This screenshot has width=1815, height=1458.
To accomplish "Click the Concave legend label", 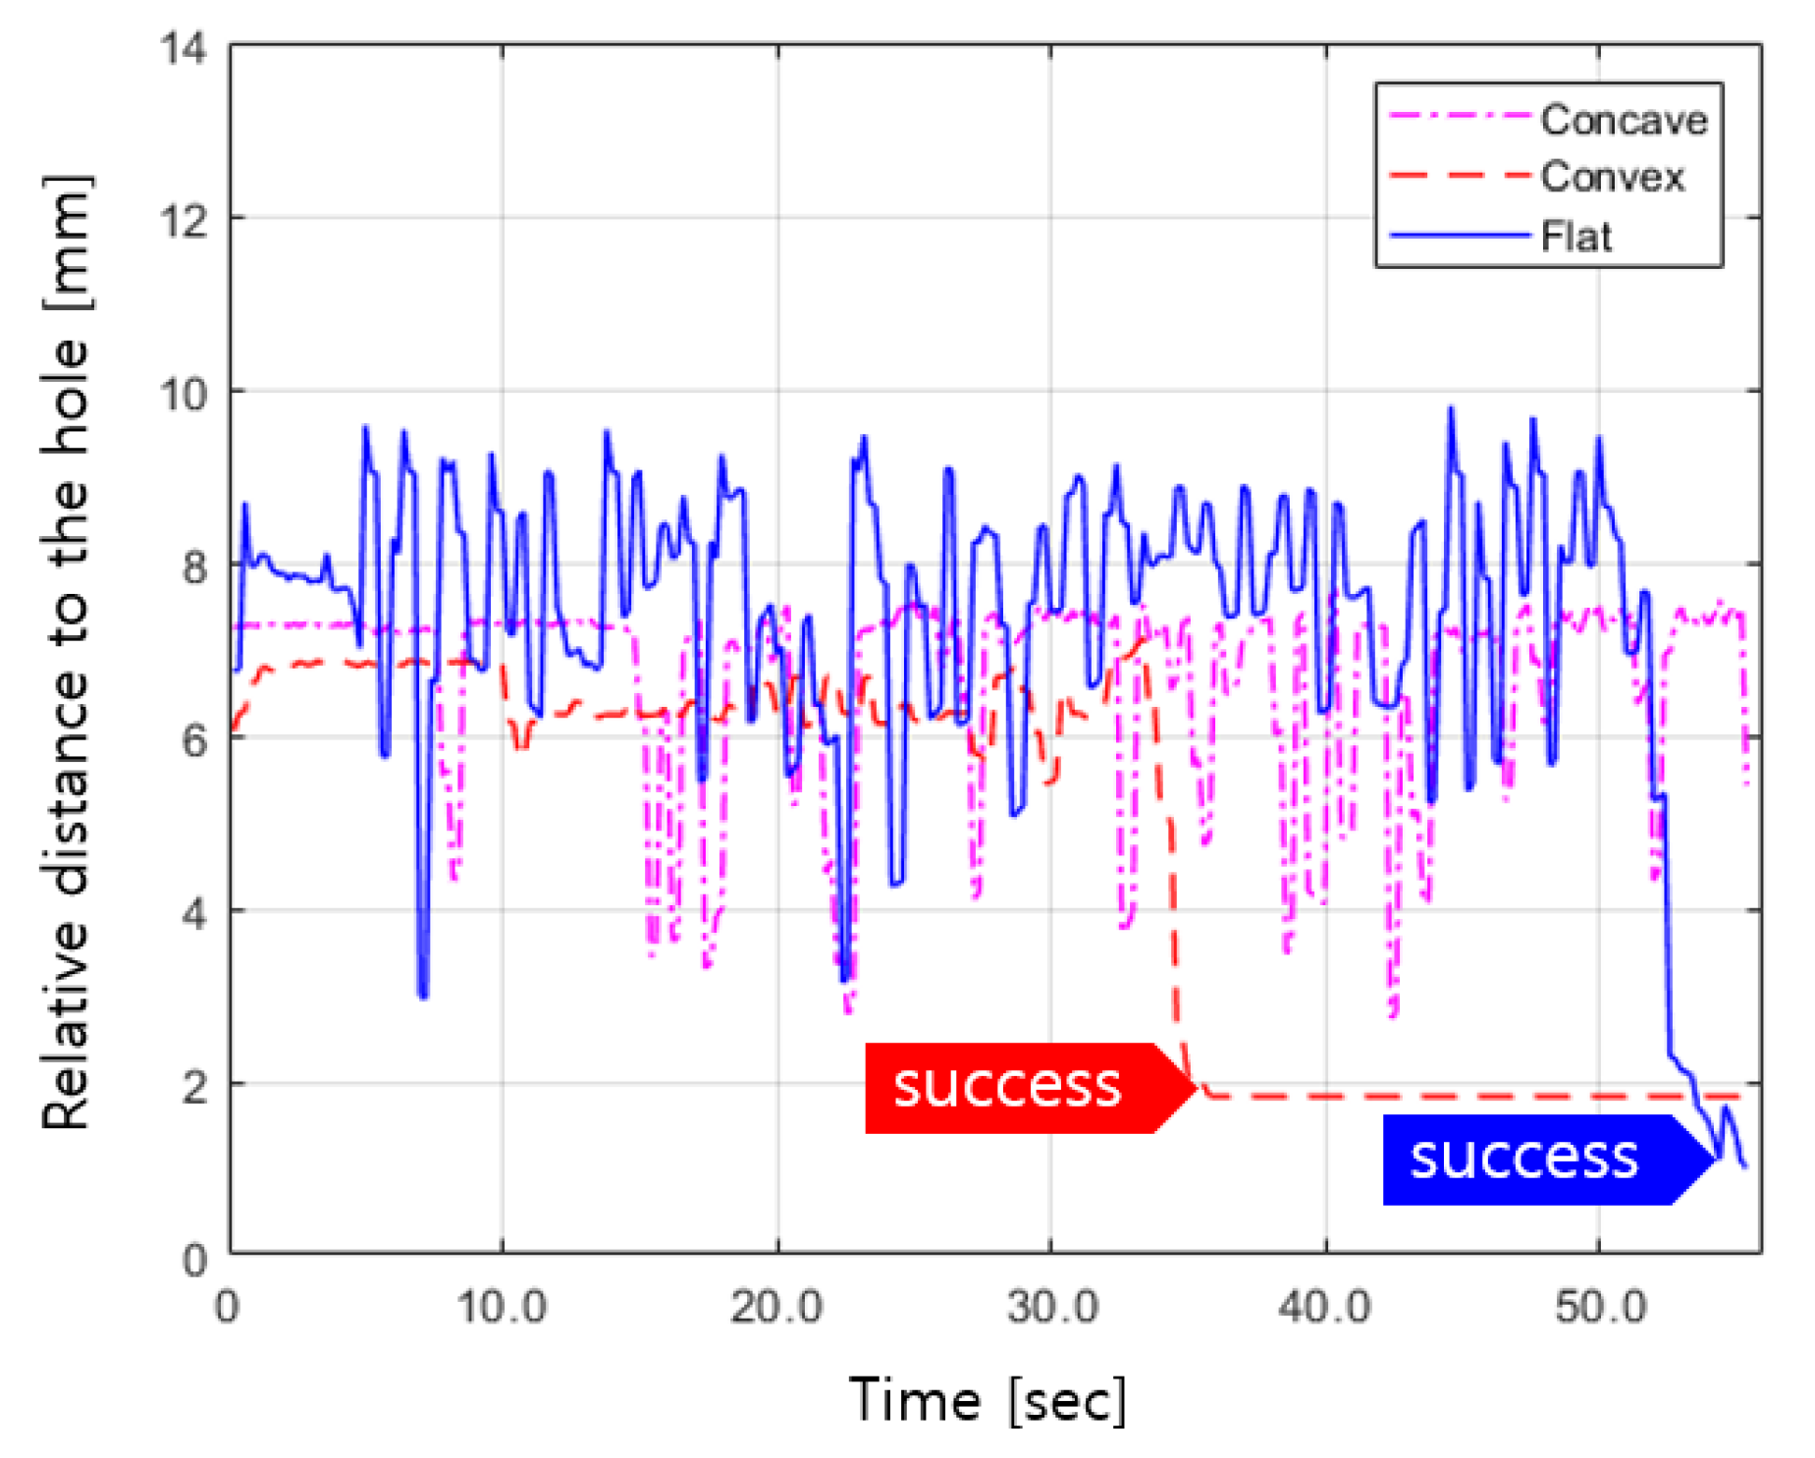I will (1623, 120).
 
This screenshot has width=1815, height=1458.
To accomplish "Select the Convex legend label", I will (1612, 177).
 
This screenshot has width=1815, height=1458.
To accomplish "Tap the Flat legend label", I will (1576, 237).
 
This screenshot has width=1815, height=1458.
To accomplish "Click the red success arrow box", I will (1021, 1087).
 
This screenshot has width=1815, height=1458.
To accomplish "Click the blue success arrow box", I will (1536, 1159).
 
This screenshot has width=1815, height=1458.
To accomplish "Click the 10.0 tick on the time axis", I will (502, 1307).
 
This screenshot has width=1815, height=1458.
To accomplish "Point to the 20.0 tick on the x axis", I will (776, 1307).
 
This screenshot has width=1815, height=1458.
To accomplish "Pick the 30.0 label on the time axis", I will (1051, 1307).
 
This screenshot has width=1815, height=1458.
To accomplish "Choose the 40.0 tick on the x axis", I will (1325, 1307).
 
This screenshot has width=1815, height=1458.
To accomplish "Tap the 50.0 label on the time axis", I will (1600, 1307).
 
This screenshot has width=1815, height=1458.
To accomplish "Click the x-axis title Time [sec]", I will (988, 1399).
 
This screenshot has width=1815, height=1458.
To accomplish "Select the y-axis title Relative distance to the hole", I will (67, 652).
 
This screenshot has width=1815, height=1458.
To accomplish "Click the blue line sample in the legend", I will (1460, 236).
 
